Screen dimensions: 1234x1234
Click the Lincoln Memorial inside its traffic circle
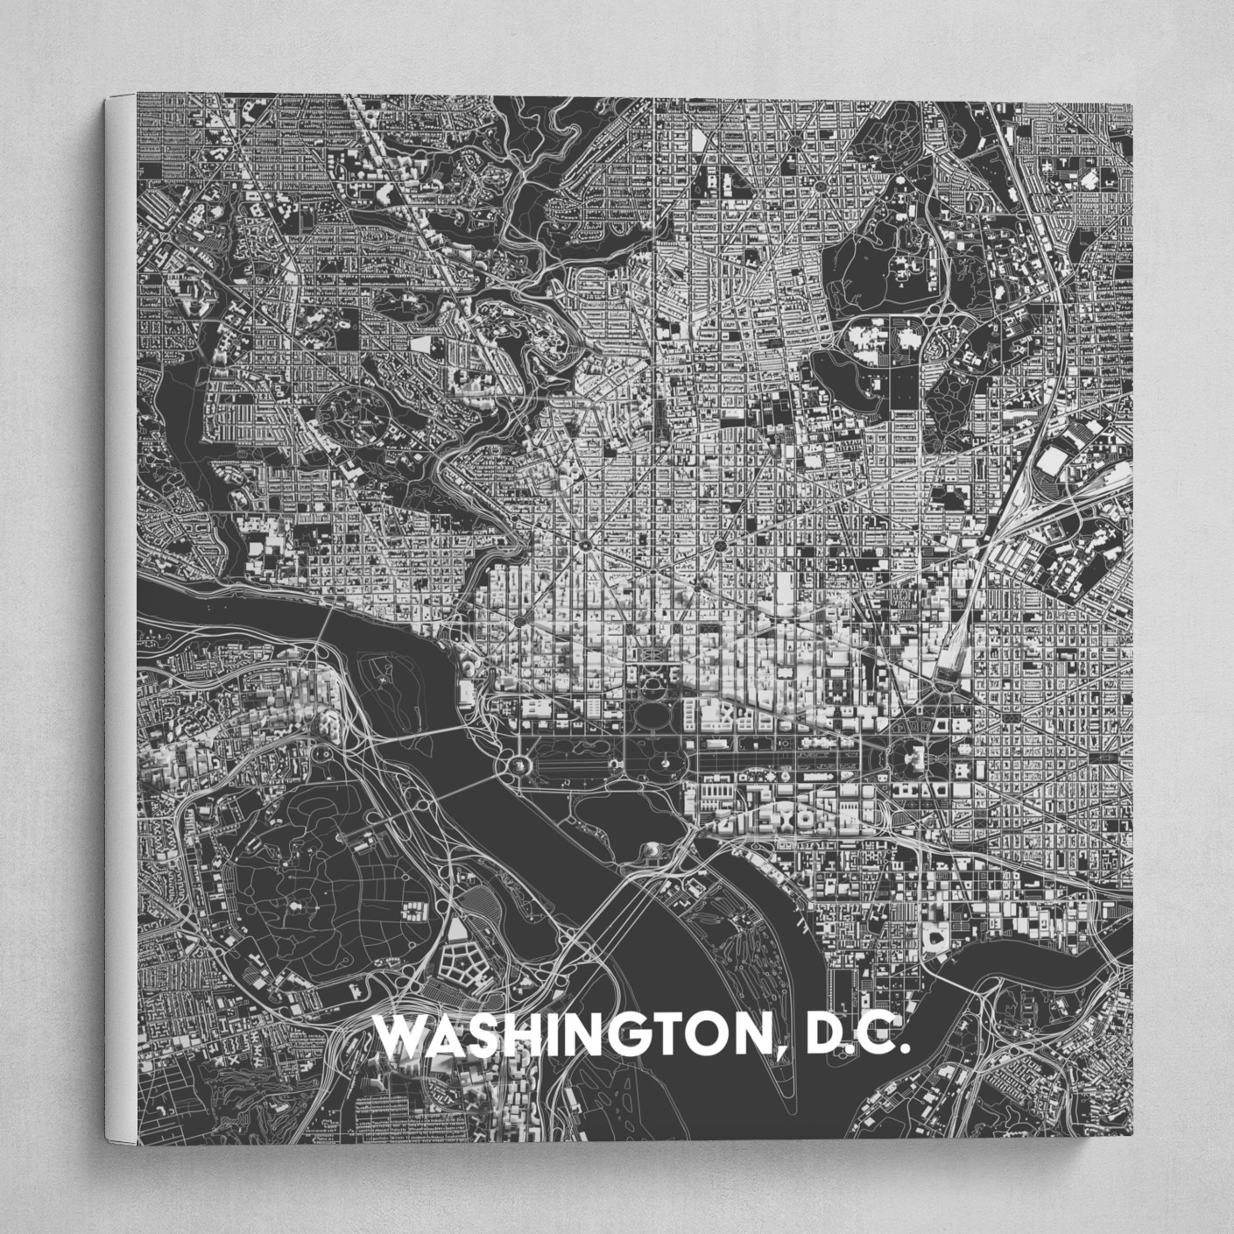[517, 765]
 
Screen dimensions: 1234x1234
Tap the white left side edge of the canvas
[120, 613]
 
